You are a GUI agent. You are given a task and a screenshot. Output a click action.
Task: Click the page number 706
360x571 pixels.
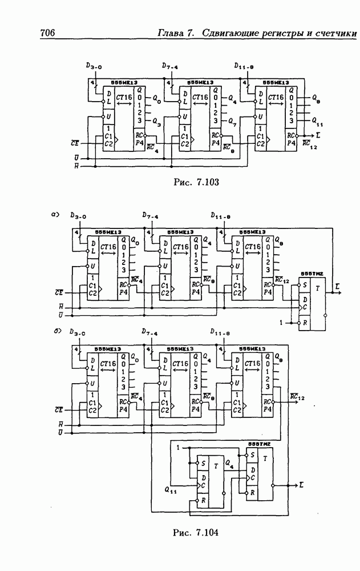tap(47, 33)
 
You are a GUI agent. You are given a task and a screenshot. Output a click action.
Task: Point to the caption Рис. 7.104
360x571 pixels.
tap(196, 532)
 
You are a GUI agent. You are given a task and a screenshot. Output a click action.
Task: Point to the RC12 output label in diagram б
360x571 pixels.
tap(298, 397)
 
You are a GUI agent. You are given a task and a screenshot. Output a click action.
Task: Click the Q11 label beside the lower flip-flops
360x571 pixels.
tap(171, 490)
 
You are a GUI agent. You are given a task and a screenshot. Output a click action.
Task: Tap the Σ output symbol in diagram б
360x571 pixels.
tap(300, 484)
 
